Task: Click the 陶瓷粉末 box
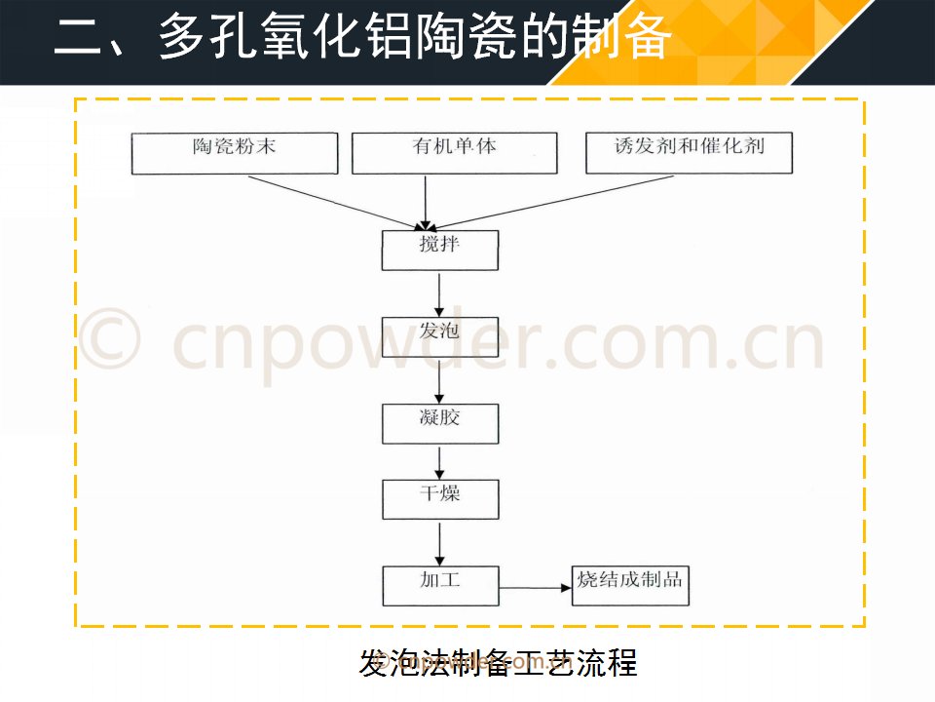pyautogui.click(x=235, y=153)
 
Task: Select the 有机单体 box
pyautogui.click(x=455, y=153)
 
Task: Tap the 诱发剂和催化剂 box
pyautogui.click(x=689, y=153)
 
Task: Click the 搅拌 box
pyautogui.click(x=440, y=251)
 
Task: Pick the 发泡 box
pyautogui.click(x=440, y=336)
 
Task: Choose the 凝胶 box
pyautogui.click(x=440, y=424)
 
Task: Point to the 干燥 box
pyautogui.click(x=440, y=499)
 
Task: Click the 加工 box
pyautogui.click(x=440, y=586)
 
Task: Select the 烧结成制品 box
pyautogui.click(x=630, y=586)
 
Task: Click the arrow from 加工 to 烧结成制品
pyautogui.click(x=535, y=588)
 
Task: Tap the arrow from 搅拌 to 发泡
pyautogui.click(x=439, y=294)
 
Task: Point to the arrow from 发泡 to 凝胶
pyautogui.click(x=439, y=381)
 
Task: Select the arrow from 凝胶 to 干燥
pyautogui.click(x=439, y=462)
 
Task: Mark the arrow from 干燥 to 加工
pyautogui.click(x=439, y=544)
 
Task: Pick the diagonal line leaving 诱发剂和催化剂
pyautogui.click(x=552, y=203)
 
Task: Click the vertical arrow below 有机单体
pyautogui.click(x=426, y=203)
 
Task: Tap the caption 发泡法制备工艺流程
pyautogui.click(x=499, y=663)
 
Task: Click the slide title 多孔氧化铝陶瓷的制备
pyautogui.click(x=415, y=37)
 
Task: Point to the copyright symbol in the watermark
pyautogui.click(x=110, y=338)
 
